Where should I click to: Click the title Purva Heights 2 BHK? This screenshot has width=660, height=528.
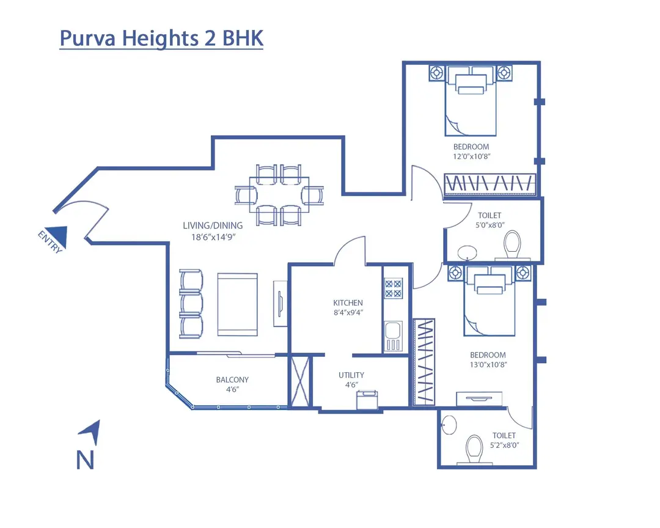(x=161, y=38)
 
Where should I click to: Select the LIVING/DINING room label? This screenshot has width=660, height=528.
(x=212, y=226)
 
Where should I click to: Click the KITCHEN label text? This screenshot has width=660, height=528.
(x=348, y=302)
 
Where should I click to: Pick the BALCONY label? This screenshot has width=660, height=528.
(x=232, y=380)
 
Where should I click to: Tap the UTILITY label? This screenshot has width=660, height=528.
(x=351, y=375)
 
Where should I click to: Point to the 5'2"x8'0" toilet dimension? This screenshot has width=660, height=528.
(x=504, y=446)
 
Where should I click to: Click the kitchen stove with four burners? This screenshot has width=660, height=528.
(x=392, y=288)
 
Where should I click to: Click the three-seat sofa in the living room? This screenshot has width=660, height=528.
(x=191, y=304)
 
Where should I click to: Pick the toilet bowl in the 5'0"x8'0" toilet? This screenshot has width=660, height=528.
(x=512, y=244)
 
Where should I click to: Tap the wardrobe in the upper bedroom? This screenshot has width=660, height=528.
(x=490, y=183)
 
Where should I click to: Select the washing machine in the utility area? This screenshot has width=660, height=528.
(x=367, y=400)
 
